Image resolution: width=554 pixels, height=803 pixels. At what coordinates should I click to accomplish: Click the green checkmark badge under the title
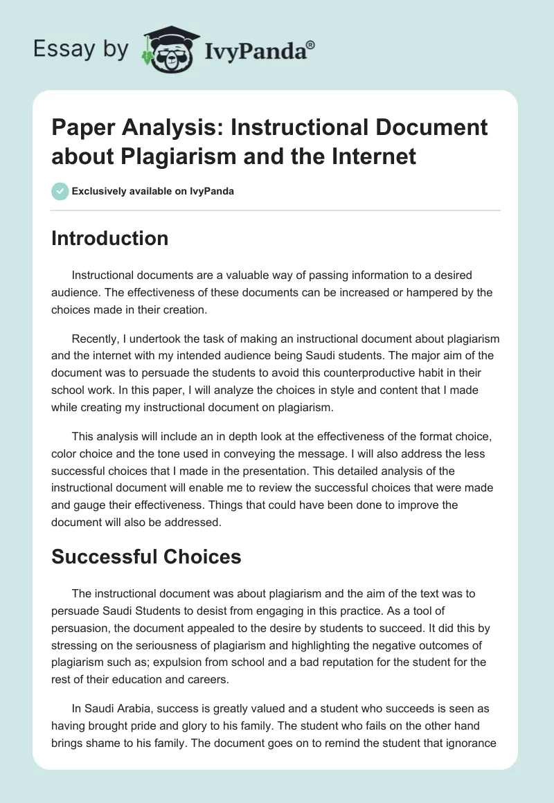pos(60,191)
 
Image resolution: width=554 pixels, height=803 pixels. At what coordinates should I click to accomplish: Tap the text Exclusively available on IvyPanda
pos(153,192)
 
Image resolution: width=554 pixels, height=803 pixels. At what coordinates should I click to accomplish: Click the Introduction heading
pos(109,238)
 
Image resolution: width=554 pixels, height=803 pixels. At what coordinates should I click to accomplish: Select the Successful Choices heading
pos(146,557)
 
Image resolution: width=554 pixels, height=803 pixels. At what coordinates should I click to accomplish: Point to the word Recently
pos(96,339)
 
